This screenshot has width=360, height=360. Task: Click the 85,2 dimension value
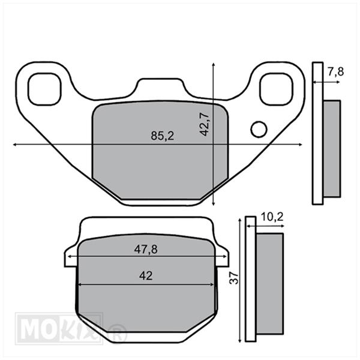click(x=163, y=136)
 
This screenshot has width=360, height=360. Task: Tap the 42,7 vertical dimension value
click(x=204, y=124)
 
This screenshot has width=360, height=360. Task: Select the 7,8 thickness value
click(x=335, y=72)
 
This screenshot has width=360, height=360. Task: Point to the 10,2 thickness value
click(x=272, y=217)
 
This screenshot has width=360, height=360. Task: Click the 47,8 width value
click(x=146, y=250)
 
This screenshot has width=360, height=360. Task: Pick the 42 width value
click(x=146, y=275)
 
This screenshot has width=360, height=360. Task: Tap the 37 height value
click(x=234, y=278)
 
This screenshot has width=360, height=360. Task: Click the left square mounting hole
click(x=44, y=89)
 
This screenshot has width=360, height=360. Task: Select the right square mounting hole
click(x=277, y=89)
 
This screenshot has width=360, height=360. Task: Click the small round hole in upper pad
click(x=259, y=129)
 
